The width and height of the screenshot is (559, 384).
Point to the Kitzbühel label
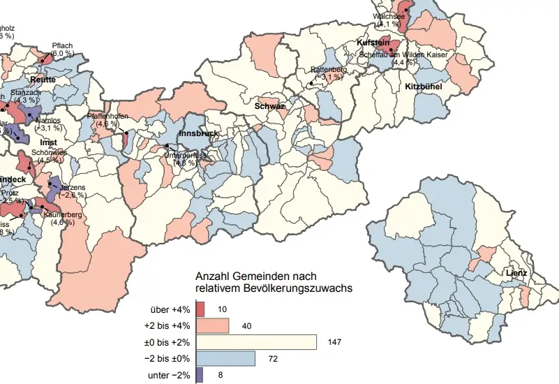pos(423,87)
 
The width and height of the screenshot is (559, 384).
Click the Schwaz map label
pos(269,106)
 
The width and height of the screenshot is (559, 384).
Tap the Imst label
pos(48,142)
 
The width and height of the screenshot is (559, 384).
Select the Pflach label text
pos(62,46)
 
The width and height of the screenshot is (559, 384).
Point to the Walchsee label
pos(389,15)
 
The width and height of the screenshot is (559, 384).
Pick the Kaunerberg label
pos(63,214)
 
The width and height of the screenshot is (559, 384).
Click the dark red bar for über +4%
pos(200,309)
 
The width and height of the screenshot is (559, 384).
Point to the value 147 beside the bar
pos(335,342)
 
